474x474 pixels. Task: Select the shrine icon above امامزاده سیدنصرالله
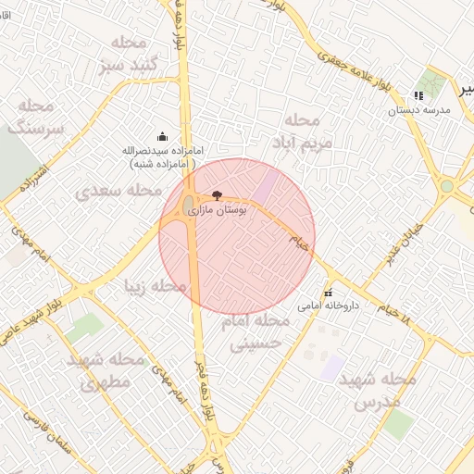(163, 137)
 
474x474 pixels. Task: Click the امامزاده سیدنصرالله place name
(163, 150)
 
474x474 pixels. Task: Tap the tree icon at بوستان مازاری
(218, 196)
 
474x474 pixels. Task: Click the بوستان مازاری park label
(218, 211)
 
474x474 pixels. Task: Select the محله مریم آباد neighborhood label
(296, 131)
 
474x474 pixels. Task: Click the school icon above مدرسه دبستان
(418, 95)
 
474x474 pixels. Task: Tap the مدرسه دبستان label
(418, 109)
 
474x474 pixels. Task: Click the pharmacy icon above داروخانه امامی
(327, 293)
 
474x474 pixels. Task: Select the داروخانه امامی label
(327, 305)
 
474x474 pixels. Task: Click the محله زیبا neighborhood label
(155, 287)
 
